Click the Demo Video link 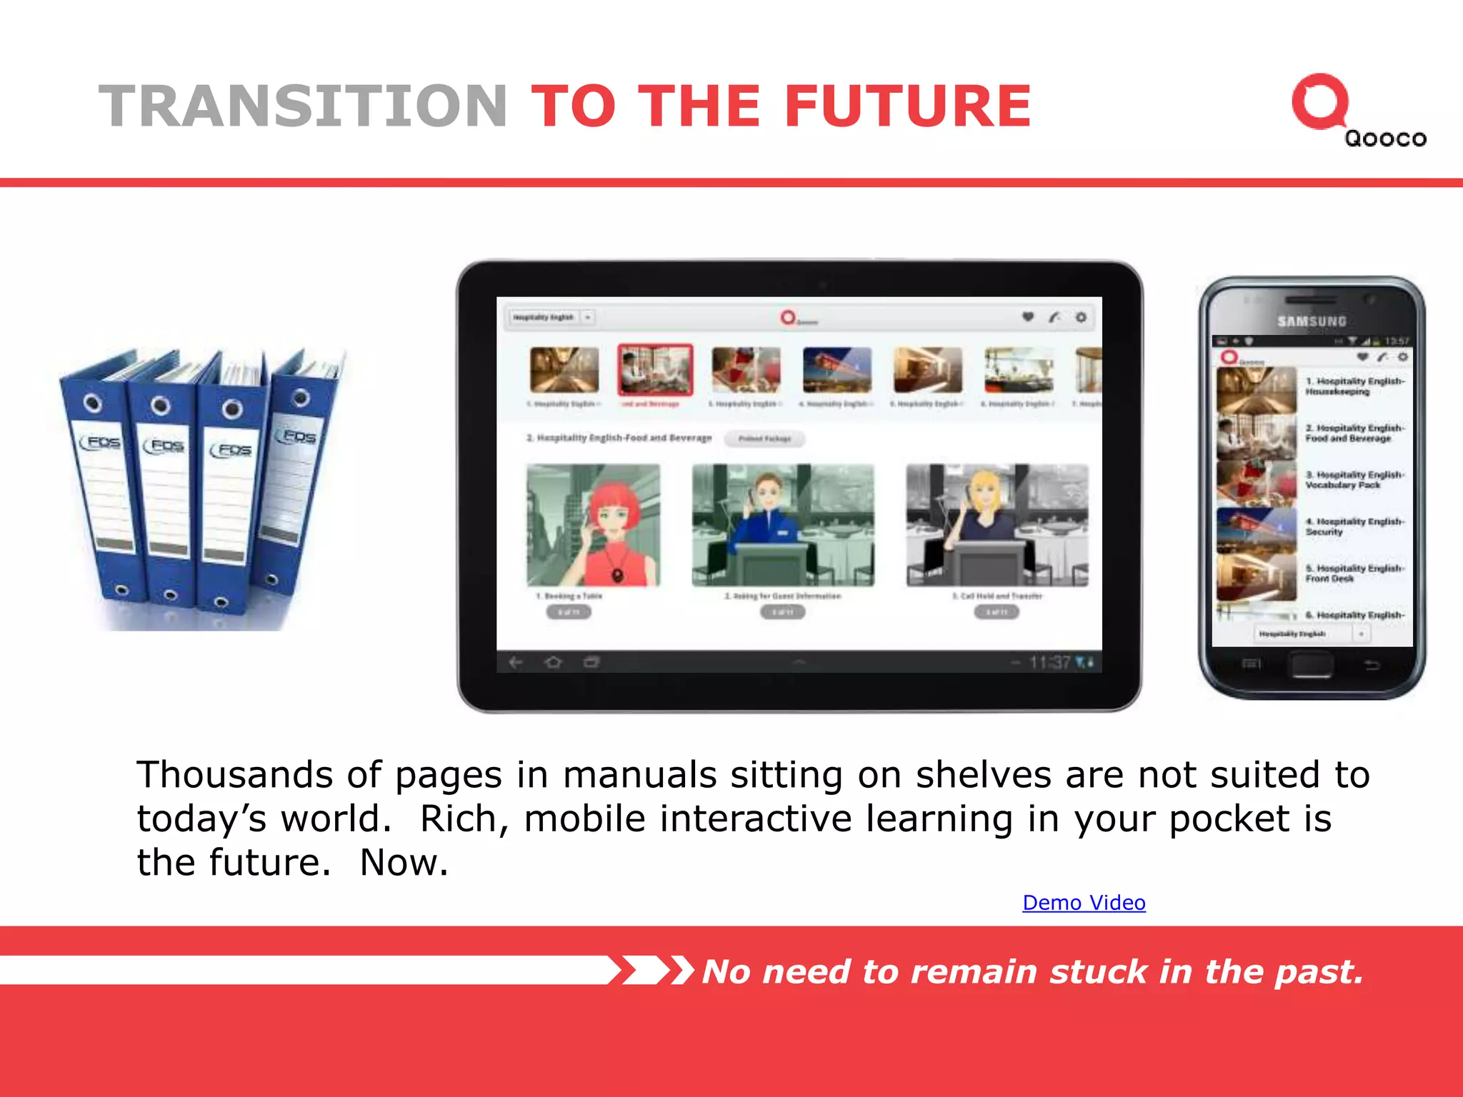(x=1084, y=903)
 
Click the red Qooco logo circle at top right (x=1319, y=102)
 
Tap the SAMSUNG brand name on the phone (x=1312, y=321)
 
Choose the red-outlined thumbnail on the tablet (x=655, y=369)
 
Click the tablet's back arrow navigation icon (x=516, y=663)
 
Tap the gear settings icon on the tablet (x=1081, y=317)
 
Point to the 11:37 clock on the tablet (x=1049, y=663)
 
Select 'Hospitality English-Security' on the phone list (x=1354, y=527)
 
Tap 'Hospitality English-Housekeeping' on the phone (x=1354, y=386)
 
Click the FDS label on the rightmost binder (x=299, y=436)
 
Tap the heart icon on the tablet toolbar (x=1028, y=317)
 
